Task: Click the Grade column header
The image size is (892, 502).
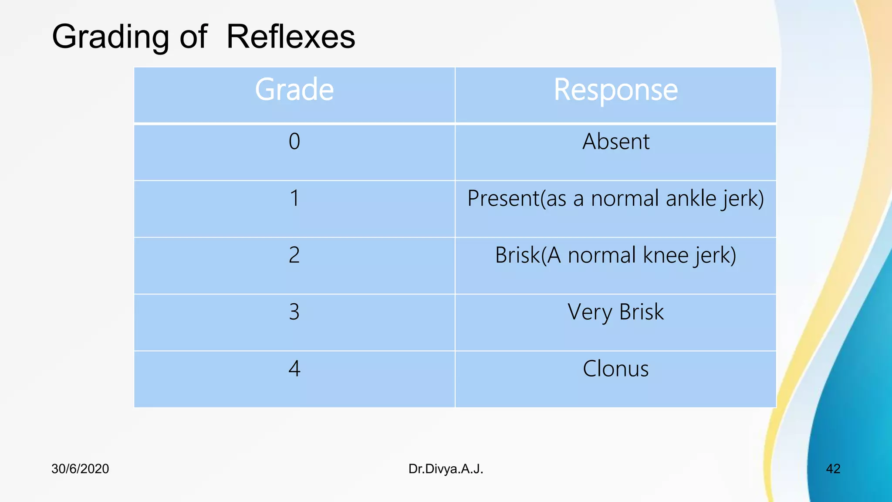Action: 294,90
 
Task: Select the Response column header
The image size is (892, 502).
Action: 615,90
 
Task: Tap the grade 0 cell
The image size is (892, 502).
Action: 294,142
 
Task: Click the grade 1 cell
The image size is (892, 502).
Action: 294,198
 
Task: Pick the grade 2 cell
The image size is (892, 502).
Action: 294,255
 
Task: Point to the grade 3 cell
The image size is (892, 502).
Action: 294,312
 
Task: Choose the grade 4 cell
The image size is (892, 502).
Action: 294,369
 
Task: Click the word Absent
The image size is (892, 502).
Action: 616,142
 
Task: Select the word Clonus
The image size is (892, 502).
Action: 615,369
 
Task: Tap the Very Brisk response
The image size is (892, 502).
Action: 615,312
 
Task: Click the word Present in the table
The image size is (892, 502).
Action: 503,198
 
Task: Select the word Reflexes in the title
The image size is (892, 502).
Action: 291,37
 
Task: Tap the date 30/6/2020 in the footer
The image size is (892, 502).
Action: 80,469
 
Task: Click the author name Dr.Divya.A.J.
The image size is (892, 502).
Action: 446,469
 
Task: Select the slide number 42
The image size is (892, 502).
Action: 833,469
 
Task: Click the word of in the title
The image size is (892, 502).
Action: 193,37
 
